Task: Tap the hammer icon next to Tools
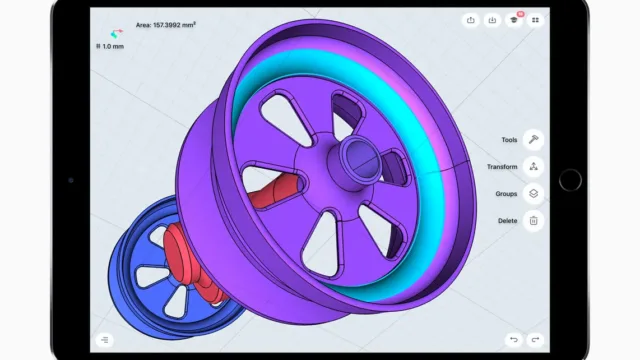pos(533,140)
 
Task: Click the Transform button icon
pos(533,167)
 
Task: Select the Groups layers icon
pos(533,193)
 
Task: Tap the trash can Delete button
pos(533,221)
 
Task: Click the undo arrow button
pos(513,340)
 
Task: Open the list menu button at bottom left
pos(104,340)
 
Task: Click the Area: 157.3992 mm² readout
pos(166,25)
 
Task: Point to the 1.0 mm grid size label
pos(110,47)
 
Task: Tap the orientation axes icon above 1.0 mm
pos(116,33)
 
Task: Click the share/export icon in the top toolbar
pos(471,20)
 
